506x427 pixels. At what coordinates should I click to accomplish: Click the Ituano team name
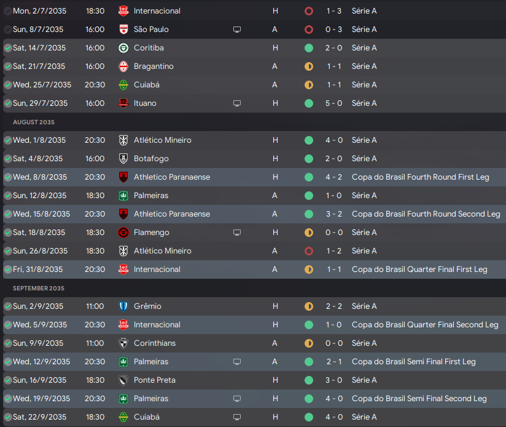click(x=145, y=103)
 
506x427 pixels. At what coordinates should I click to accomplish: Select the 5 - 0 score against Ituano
click(x=333, y=103)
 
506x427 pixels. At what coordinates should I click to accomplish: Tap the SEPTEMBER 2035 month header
click(x=39, y=288)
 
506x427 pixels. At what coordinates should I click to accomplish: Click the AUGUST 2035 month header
click(x=34, y=122)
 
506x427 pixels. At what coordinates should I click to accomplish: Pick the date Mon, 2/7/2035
click(x=40, y=11)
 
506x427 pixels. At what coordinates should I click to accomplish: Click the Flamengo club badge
click(x=123, y=233)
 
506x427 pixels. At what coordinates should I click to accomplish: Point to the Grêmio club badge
click(x=123, y=306)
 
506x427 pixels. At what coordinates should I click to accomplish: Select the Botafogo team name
click(x=151, y=159)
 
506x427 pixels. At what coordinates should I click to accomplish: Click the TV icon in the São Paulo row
click(x=237, y=30)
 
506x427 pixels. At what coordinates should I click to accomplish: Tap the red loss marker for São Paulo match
click(x=308, y=30)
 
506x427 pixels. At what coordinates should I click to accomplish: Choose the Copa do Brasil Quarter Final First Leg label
click(x=419, y=269)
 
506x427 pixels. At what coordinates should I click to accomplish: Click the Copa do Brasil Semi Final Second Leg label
click(x=419, y=399)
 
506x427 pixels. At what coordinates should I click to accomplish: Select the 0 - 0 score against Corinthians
click(x=333, y=343)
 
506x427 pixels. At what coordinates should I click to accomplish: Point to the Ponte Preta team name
click(x=155, y=380)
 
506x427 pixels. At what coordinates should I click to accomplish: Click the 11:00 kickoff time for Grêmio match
click(x=95, y=306)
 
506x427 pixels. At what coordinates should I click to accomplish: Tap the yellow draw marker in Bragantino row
click(x=308, y=66)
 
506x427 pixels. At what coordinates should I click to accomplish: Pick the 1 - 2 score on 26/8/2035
click(x=333, y=251)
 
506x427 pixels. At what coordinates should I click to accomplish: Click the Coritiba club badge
click(x=123, y=48)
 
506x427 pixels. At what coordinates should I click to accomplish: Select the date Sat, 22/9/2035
click(x=41, y=417)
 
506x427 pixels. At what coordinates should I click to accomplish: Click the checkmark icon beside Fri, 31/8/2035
click(x=7, y=269)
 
